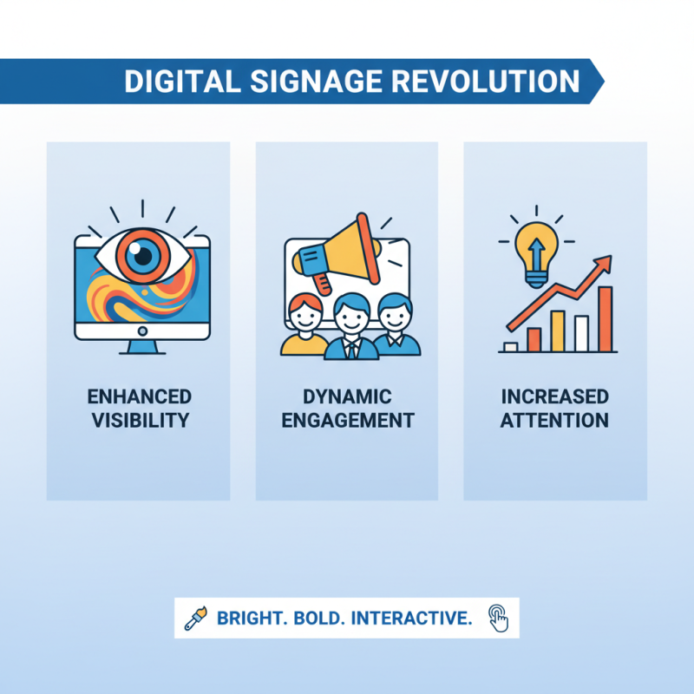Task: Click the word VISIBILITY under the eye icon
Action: tap(139, 421)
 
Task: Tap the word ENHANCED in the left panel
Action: tap(139, 397)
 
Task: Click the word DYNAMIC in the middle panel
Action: tap(347, 397)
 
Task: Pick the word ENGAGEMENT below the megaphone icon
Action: tap(347, 421)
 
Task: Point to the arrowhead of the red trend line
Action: tap(605, 262)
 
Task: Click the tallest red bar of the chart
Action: tap(605, 318)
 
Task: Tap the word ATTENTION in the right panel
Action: tap(555, 421)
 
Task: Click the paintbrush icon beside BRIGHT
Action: tap(194, 619)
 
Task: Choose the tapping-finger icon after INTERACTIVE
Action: tap(498, 618)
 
